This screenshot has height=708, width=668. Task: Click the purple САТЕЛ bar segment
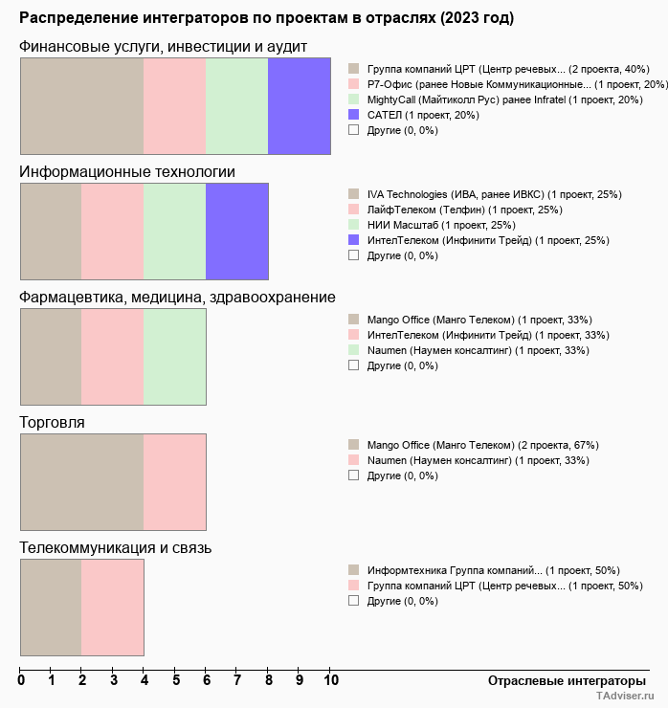coord(300,106)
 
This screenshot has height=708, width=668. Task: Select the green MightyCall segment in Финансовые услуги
coord(237,106)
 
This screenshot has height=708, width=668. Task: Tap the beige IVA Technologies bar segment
coord(51,232)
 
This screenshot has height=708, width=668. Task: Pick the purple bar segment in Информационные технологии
coord(237,232)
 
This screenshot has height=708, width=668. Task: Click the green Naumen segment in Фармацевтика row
coord(175,357)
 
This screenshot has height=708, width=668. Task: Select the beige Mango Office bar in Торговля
coord(81,482)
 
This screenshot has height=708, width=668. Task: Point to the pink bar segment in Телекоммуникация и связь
coord(113,608)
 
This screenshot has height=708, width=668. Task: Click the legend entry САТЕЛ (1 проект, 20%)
coord(423,115)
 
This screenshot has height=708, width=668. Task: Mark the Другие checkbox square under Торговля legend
coord(353,476)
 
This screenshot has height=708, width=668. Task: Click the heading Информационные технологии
coord(127,172)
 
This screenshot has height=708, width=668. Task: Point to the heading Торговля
coord(53,423)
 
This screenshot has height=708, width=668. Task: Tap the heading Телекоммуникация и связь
coord(116,548)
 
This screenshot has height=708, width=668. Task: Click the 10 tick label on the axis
coord(330,680)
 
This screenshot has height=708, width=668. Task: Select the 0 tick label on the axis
coord(21,680)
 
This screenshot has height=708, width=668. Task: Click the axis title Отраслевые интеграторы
coord(567,680)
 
